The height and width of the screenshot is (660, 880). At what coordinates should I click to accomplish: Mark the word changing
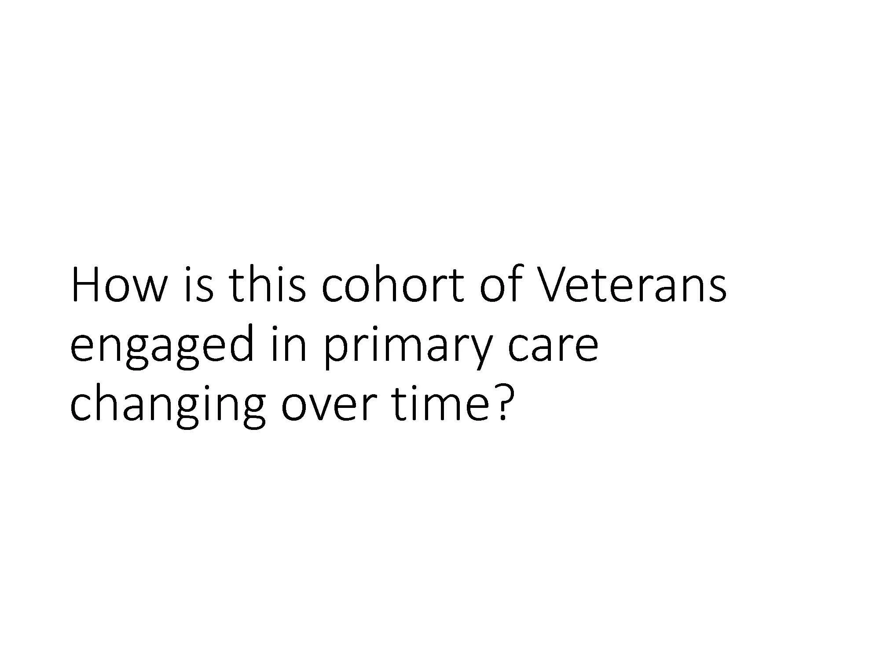tap(168, 407)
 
